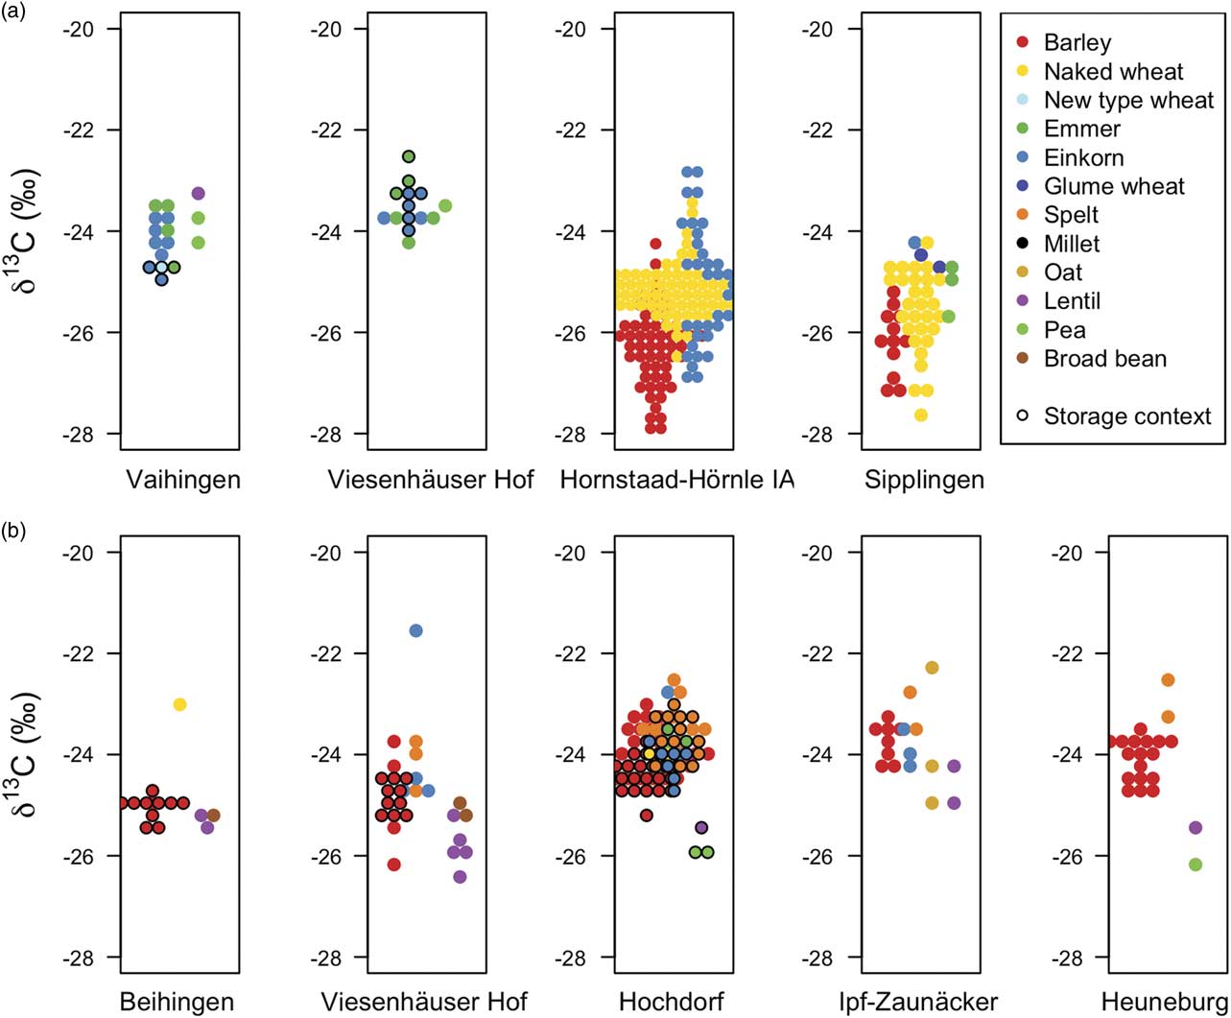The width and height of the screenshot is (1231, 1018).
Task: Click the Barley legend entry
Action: pos(1077,42)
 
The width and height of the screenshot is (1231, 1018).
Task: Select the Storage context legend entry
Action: pos(1127,416)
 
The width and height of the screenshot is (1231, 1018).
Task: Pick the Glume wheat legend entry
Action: pos(1114,186)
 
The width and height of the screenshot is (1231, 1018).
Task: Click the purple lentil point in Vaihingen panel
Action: pos(198,194)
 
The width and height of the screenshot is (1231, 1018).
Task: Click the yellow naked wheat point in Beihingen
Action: pos(179,705)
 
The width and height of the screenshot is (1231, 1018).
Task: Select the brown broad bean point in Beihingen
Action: pos(213,816)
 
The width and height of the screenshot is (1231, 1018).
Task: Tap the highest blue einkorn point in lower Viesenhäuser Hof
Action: pos(415,630)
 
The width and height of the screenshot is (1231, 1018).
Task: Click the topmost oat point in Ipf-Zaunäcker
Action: pos(932,668)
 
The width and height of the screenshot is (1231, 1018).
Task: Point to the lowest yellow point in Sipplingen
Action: pos(921,415)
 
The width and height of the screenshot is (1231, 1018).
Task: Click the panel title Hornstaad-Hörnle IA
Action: pos(677,479)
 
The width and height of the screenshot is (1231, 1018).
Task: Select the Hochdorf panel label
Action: pos(671,1003)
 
